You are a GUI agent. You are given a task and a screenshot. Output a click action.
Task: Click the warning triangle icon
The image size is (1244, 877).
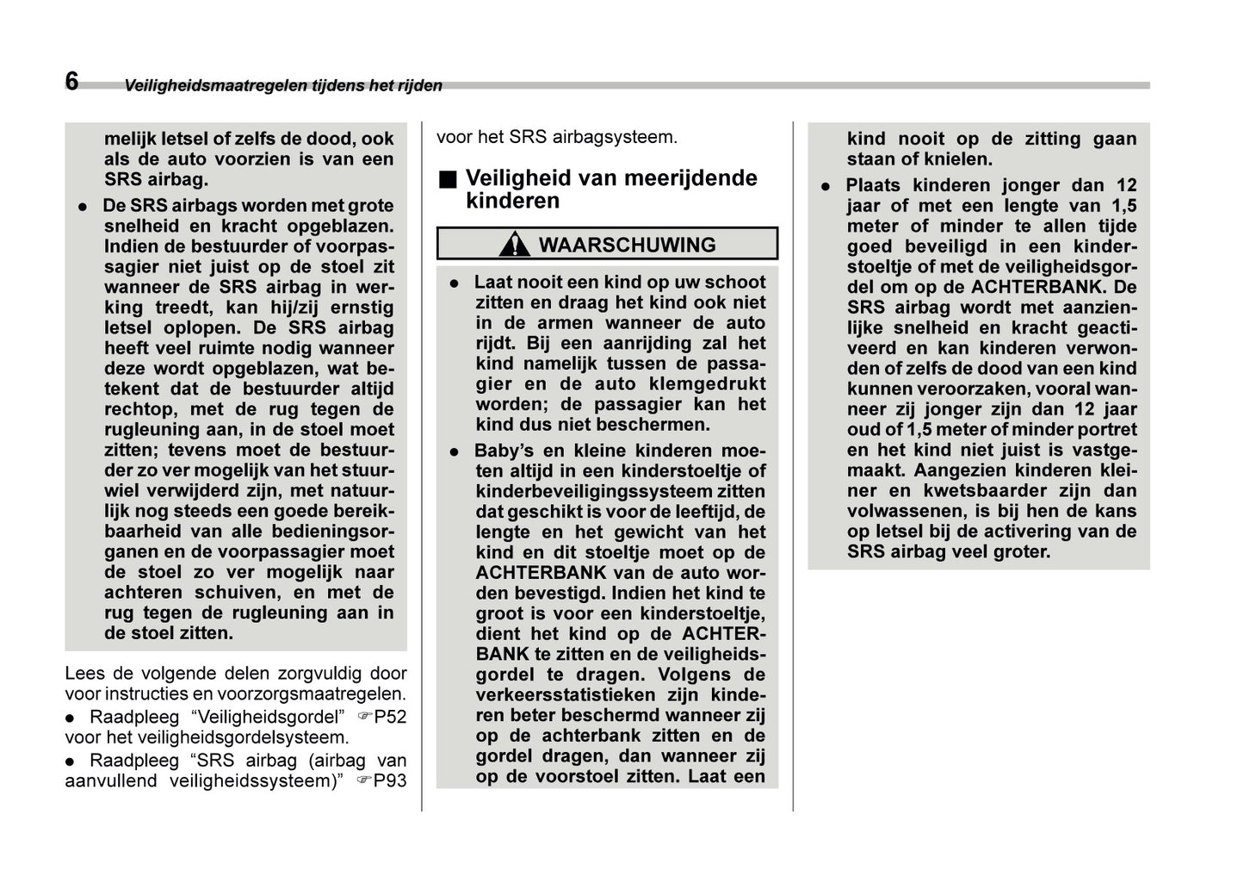(514, 245)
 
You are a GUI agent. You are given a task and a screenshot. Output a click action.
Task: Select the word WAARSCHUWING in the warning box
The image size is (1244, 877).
(627, 245)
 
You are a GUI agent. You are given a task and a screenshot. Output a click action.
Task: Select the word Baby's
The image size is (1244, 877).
(504, 451)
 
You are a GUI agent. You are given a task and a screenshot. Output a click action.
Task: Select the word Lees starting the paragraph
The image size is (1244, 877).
(83, 674)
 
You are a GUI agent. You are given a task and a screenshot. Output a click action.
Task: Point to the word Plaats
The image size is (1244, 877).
(873, 185)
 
